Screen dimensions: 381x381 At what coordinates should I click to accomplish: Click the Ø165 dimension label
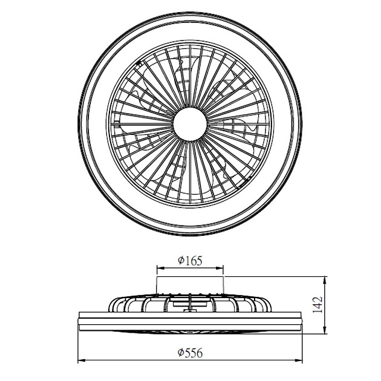point(190,261)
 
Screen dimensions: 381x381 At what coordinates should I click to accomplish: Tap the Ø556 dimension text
point(190,353)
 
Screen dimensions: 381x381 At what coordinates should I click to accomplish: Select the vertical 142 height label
point(317,305)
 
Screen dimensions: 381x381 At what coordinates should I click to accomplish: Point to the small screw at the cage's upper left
point(138,63)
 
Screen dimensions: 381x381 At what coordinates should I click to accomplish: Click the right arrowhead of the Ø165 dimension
point(220,268)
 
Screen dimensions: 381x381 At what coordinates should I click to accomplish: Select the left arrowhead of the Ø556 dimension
point(82,360)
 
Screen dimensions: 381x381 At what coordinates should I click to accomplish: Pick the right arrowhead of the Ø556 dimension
point(298,360)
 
